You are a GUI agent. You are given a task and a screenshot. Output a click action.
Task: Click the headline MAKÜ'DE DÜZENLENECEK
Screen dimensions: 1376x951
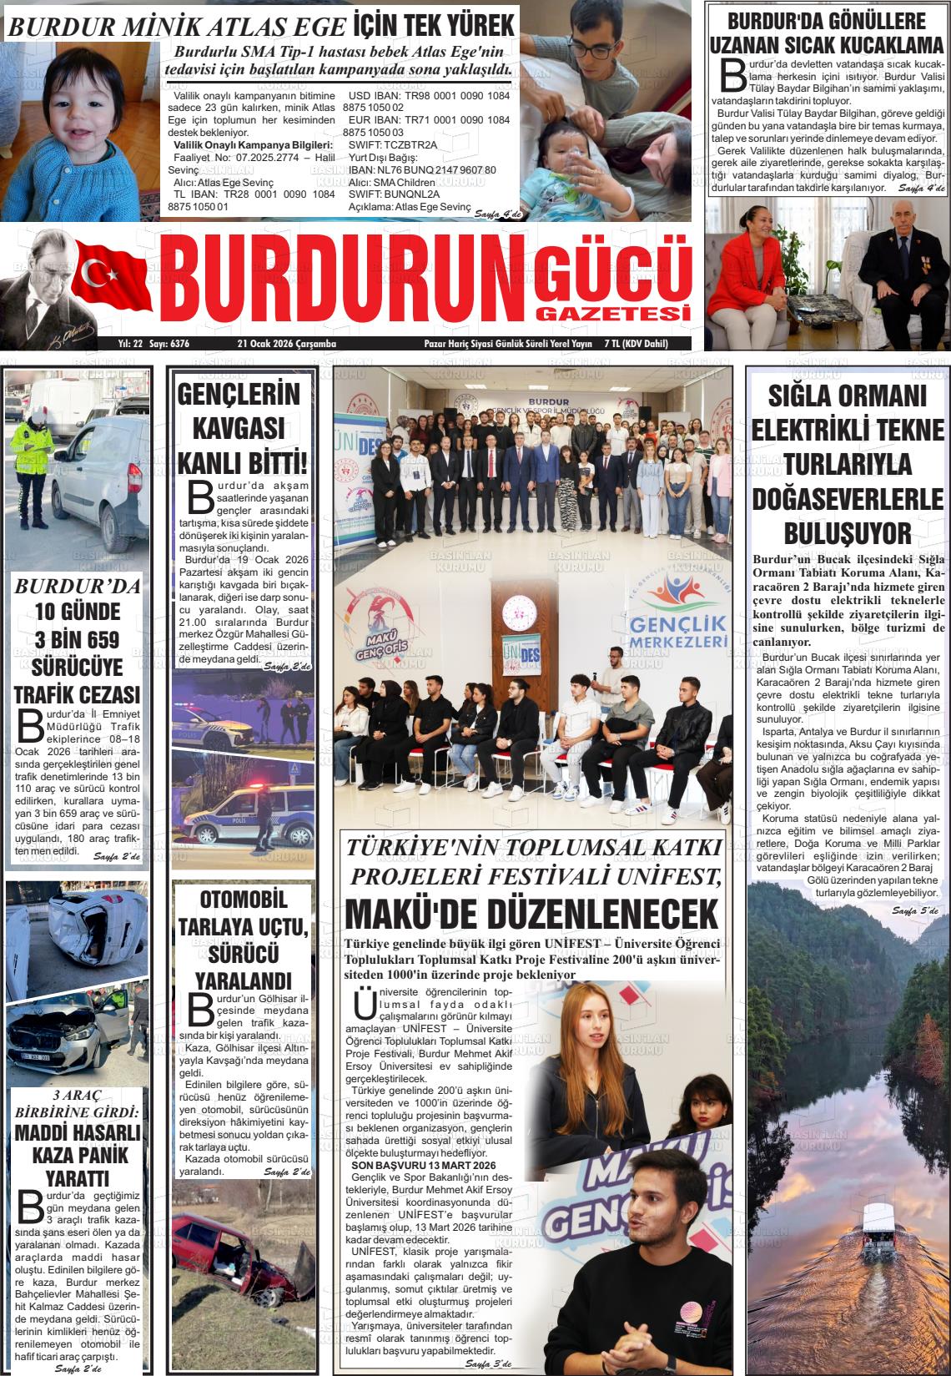[x=531, y=913]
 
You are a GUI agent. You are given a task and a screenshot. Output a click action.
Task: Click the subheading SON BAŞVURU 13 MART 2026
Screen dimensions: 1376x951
[x=423, y=1165]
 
